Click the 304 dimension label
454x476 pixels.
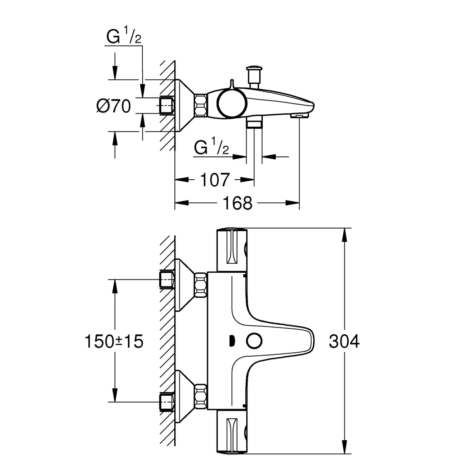pyautogui.click(x=344, y=341)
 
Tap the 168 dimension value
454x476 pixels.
pyautogui.click(x=237, y=203)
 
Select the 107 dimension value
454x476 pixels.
pyautogui.click(x=215, y=180)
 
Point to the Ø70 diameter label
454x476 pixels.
pyautogui.click(x=113, y=106)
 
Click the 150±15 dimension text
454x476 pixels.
pyautogui.click(x=114, y=341)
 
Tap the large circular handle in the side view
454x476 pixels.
pyautogui.click(x=232, y=103)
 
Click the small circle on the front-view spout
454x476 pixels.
pyautogui.click(x=254, y=341)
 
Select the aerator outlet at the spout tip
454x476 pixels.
pyautogui.click(x=299, y=116)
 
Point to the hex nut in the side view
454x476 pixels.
pyautogui.click(x=201, y=106)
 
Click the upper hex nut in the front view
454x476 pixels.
pyautogui.click(x=201, y=285)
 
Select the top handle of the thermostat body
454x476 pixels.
pyautogui.click(x=232, y=250)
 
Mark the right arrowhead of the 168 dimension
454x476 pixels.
pyautogui.click(x=293, y=203)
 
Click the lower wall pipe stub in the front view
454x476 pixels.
pyautogui.click(x=167, y=402)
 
